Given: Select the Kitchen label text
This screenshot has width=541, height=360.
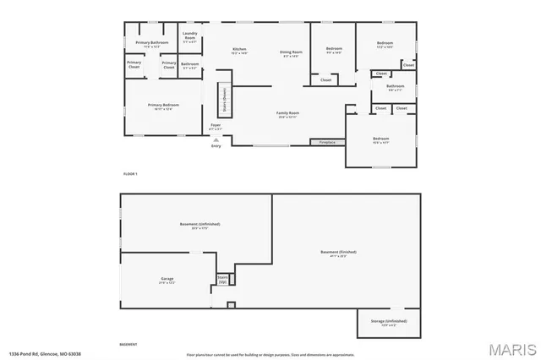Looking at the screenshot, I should tap(240, 51).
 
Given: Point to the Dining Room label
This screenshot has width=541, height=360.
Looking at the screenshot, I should tap(292, 54).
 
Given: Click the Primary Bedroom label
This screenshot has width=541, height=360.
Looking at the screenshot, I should tap(163, 106).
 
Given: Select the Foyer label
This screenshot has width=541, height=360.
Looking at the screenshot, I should tap(216, 128).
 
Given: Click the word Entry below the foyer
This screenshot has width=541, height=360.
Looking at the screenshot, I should tap(216, 145).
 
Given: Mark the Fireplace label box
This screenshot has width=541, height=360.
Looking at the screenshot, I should tap(326, 142).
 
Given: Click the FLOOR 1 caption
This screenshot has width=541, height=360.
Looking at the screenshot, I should tap(130, 173).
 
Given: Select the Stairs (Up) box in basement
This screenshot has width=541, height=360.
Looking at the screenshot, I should tap(223, 278).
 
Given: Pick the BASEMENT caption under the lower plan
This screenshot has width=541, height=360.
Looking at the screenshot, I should tap(128, 345).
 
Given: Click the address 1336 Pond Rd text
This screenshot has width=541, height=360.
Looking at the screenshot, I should tap(38, 354).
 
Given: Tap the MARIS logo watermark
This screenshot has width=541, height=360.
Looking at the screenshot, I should tap(511, 348).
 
